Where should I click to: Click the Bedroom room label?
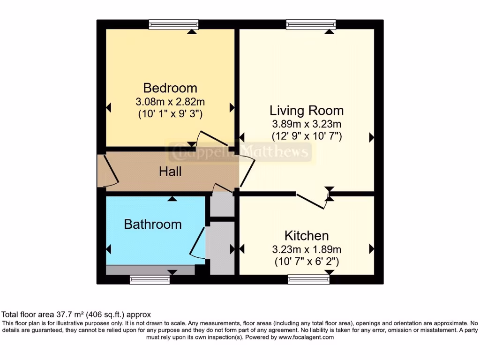tap(170, 88)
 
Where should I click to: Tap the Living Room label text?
tap(306, 111)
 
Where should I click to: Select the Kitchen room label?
tap(307, 235)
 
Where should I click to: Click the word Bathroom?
tap(152, 224)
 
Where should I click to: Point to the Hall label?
tap(170, 172)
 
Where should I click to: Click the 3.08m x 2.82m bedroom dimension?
tap(170, 101)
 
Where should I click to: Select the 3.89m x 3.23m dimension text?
tap(306, 124)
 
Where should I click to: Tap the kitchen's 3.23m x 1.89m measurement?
tap(307, 249)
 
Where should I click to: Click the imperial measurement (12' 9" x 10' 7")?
tap(306, 136)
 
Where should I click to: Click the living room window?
tap(311, 24)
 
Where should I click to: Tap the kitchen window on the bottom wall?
tap(308, 280)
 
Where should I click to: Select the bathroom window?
tap(150, 280)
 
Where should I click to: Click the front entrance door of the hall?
tap(108, 172)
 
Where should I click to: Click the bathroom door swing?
tap(198, 243)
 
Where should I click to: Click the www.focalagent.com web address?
tap(306, 337)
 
